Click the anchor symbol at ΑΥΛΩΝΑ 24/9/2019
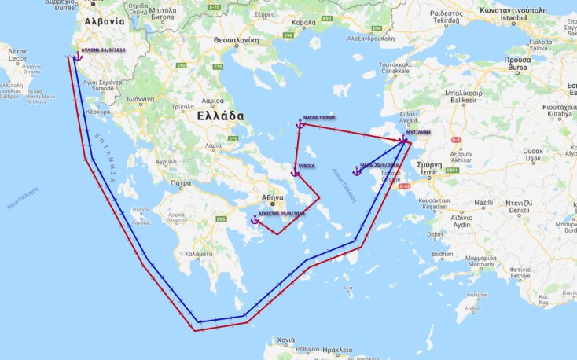click(78, 56)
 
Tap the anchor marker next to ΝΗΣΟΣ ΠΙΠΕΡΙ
click(300, 124)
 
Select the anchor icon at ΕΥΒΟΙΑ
click(296, 171)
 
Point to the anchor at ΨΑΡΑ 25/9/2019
click(357, 171)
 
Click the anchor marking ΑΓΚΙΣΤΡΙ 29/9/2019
click(255, 220)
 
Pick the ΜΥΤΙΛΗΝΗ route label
click(417, 134)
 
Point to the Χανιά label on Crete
click(285, 340)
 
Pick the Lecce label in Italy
click(17, 59)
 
